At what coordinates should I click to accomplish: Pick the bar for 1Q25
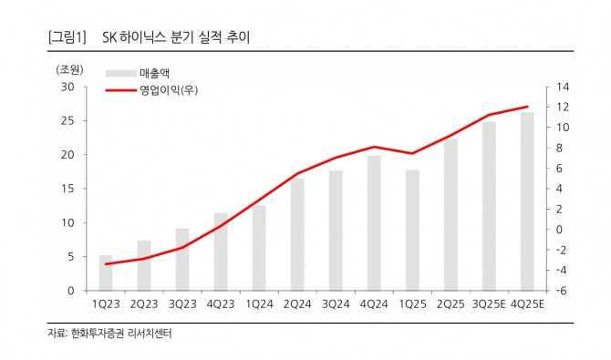pos(412,231)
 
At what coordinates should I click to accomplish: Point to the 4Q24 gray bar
pos(374,223)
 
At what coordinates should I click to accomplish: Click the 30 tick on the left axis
pos(67,87)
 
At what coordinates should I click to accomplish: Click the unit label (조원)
pos(69,69)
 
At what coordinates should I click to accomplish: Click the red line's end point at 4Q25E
pos(527,107)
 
